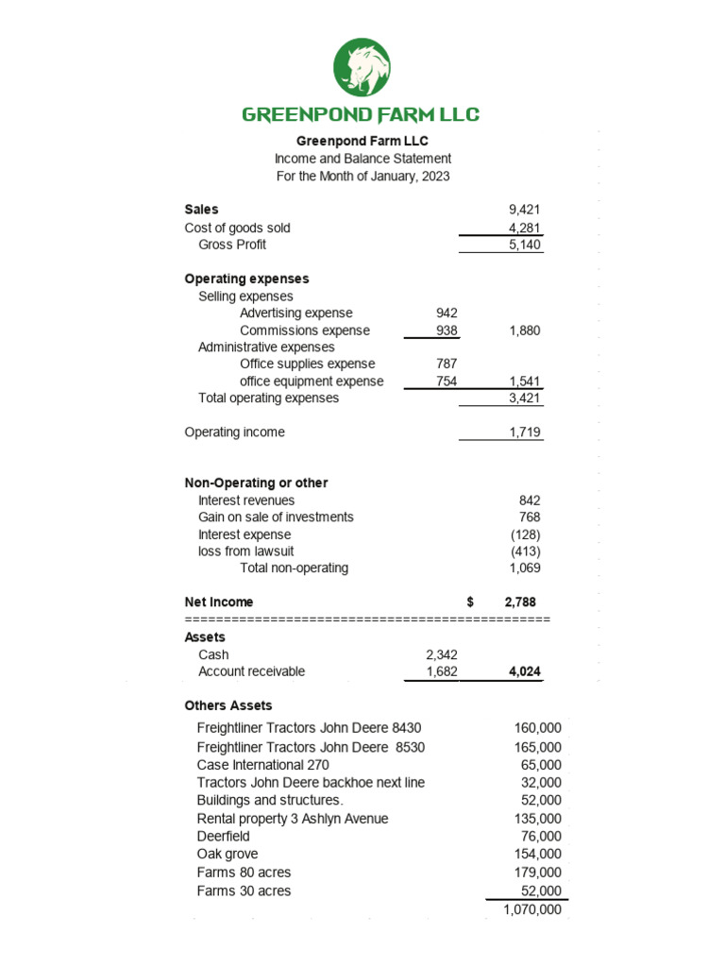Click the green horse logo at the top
(362, 67)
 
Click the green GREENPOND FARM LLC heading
(362, 115)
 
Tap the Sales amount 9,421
(524, 210)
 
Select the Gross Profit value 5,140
(524, 245)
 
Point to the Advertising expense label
(295, 313)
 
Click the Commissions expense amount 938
(446, 331)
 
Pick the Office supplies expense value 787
(446, 364)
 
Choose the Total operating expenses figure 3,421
(524, 399)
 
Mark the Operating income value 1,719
(524, 433)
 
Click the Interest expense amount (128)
(525, 534)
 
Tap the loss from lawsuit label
(245, 551)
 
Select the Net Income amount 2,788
(520, 602)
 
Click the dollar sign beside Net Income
(470, 602)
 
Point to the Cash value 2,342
(441, 654)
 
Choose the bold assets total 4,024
(522, 672)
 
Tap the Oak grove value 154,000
(539, 855)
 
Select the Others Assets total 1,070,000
(532, 910)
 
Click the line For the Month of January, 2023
(362, 177)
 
